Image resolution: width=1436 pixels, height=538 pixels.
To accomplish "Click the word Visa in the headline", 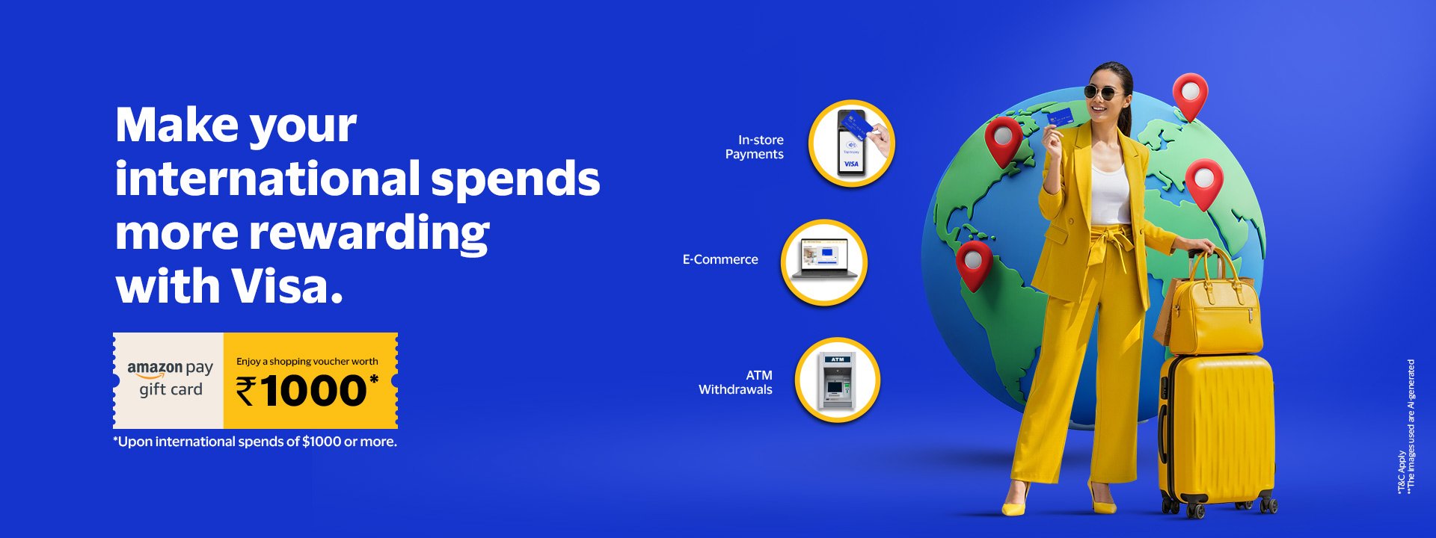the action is click(x=286, y=286).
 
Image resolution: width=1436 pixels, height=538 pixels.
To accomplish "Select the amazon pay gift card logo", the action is click(x=170, y=379).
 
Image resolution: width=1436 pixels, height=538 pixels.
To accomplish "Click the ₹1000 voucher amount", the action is click(x=307, y=391).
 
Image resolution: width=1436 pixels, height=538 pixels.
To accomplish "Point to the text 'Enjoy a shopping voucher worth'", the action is click(x=307, y=361).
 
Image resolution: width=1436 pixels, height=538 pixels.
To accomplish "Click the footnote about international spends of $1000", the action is click(x=255, y=442).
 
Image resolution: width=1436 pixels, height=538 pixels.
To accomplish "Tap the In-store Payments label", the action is click(x=755, y=147).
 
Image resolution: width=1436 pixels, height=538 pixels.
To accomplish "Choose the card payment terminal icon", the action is click(x=852, y=143).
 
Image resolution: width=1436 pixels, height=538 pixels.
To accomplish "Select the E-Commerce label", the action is click(x=720, y=259).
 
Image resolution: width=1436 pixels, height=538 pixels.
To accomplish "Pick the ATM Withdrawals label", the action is click(x=735, y=382).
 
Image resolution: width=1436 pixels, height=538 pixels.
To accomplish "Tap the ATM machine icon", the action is click(x=837, y=381).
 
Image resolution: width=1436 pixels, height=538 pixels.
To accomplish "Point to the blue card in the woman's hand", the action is click(x=1060, y=117).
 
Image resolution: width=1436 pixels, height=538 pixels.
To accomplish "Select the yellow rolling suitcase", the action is click(x=1217, y=433).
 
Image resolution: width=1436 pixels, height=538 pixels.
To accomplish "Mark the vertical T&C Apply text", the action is click(x=1401, y=472).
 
